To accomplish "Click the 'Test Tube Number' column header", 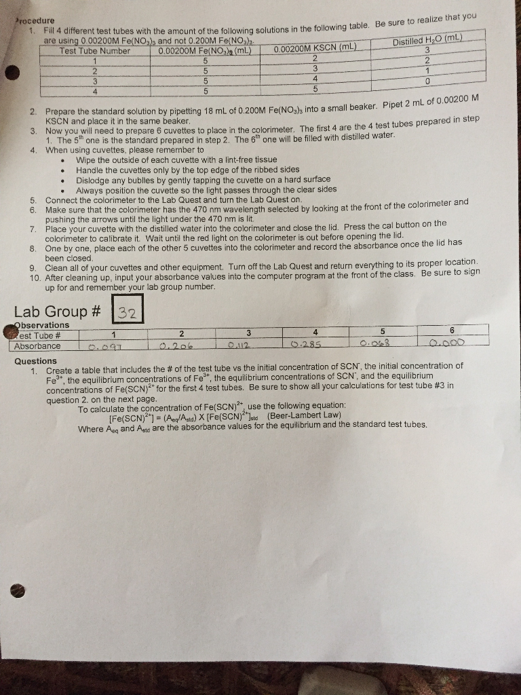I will pos(95,50).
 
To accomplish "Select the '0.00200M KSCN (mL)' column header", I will pos(315,48).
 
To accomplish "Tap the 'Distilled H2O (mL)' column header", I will pos(427,43).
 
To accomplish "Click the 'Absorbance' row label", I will pos(37,345).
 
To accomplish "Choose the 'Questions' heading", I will pos(36,361).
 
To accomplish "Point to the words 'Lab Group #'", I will pos(58,312).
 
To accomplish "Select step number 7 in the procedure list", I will pos(33,229).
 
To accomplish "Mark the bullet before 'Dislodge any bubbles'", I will pos(62,181).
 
